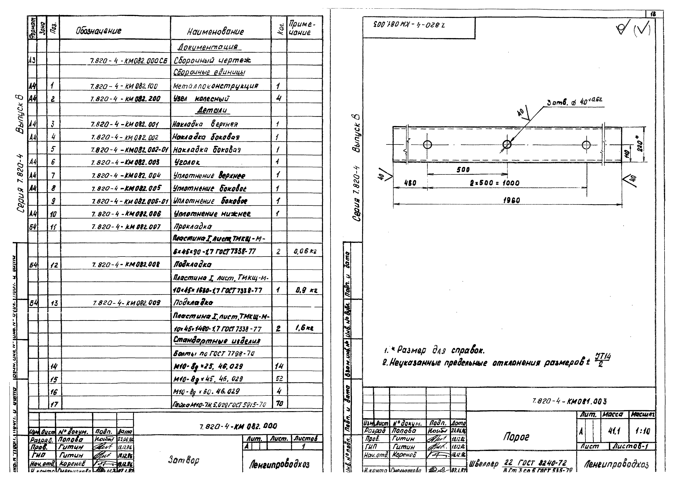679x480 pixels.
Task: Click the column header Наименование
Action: click(x=215, y=32)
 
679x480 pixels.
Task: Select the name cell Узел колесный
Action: click(x=201, y=98)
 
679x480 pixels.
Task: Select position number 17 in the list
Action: click(x=54, y=404)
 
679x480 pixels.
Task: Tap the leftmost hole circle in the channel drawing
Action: click(x=427, y=145)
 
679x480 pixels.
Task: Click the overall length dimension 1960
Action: click(x=511, y=200)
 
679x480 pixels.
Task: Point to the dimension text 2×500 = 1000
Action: click(x=495, y=183)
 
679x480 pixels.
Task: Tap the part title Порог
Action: click(x=516, y=437)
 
